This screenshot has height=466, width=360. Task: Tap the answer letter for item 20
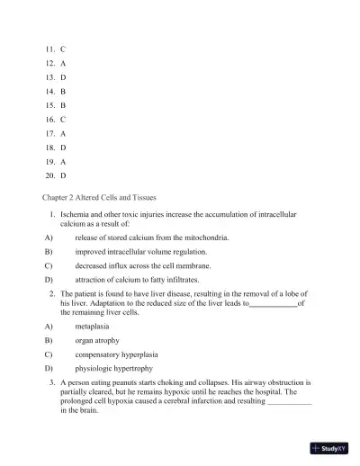pyautogui.click(x=62, y=175)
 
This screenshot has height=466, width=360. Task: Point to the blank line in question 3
pyautogui.click(x=290, y=401)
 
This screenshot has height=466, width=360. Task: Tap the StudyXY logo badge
pyautogui.click(x=329, y=447)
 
